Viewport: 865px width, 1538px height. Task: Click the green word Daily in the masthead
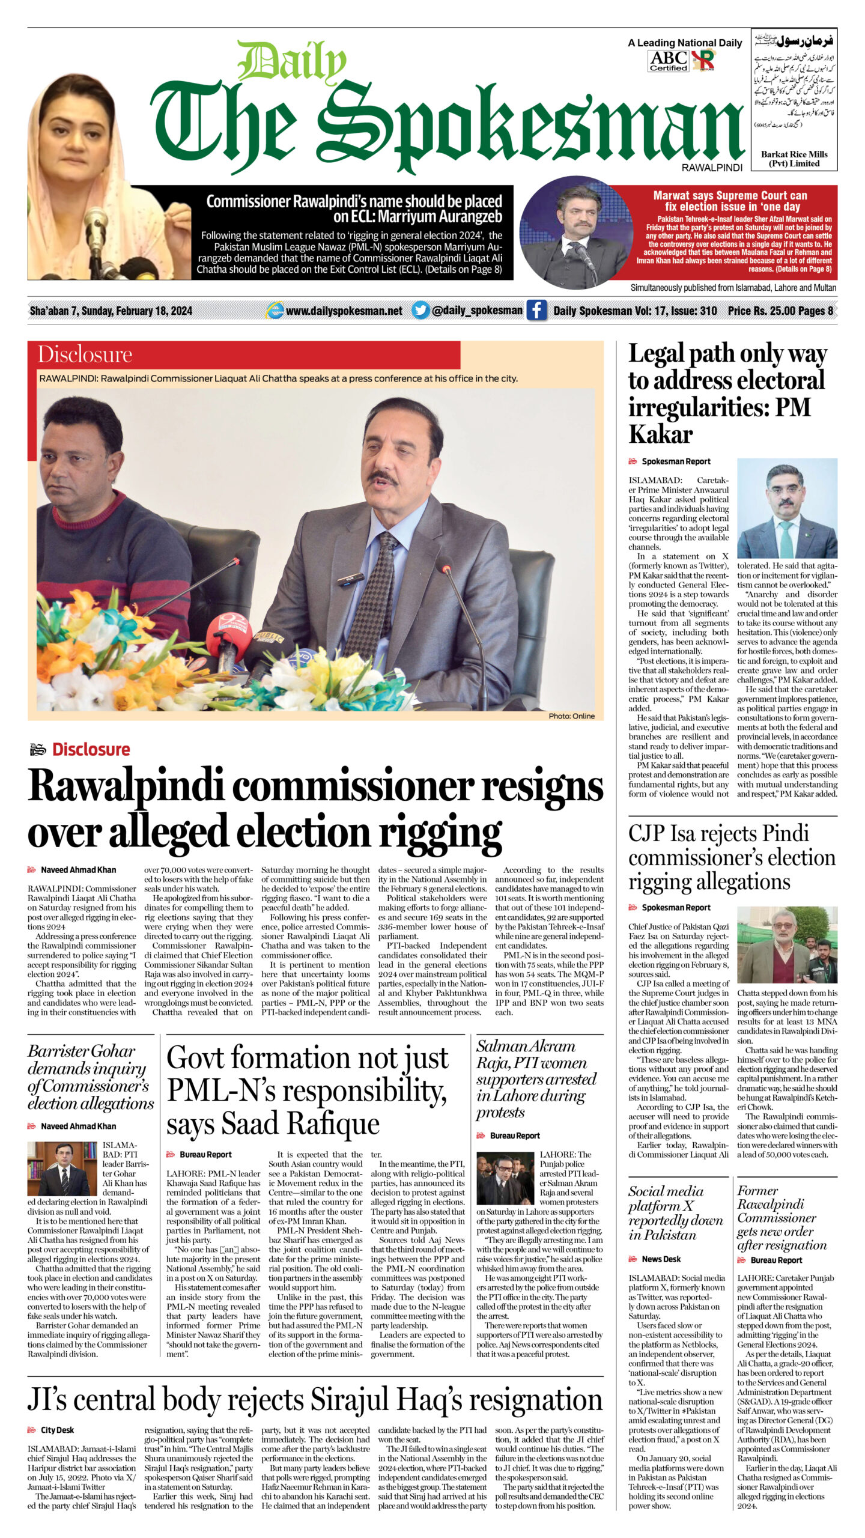coord(292,62)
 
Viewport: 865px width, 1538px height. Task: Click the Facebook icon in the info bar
coord(536,310)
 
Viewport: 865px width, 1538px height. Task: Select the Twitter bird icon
coord(420,310)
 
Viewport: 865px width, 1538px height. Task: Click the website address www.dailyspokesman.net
coord(344,311)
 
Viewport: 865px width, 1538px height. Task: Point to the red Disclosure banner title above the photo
coord(85,354)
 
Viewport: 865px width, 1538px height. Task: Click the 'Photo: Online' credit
coord(571,716)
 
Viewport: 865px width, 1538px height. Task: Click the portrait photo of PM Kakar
coord(787,508)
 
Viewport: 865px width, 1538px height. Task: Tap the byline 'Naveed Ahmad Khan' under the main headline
coord(78,869)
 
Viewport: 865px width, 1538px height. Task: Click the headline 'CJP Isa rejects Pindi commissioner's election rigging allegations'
coord(732,857)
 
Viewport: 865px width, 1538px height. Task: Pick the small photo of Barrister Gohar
coord(62,1169)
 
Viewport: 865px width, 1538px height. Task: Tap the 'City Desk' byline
coord(57,1430)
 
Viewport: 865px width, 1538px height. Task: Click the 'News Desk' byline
coord(661,1259)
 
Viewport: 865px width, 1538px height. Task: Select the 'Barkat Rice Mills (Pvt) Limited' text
coord(794,159)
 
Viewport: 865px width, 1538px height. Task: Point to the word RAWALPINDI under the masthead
coord(712,168)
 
